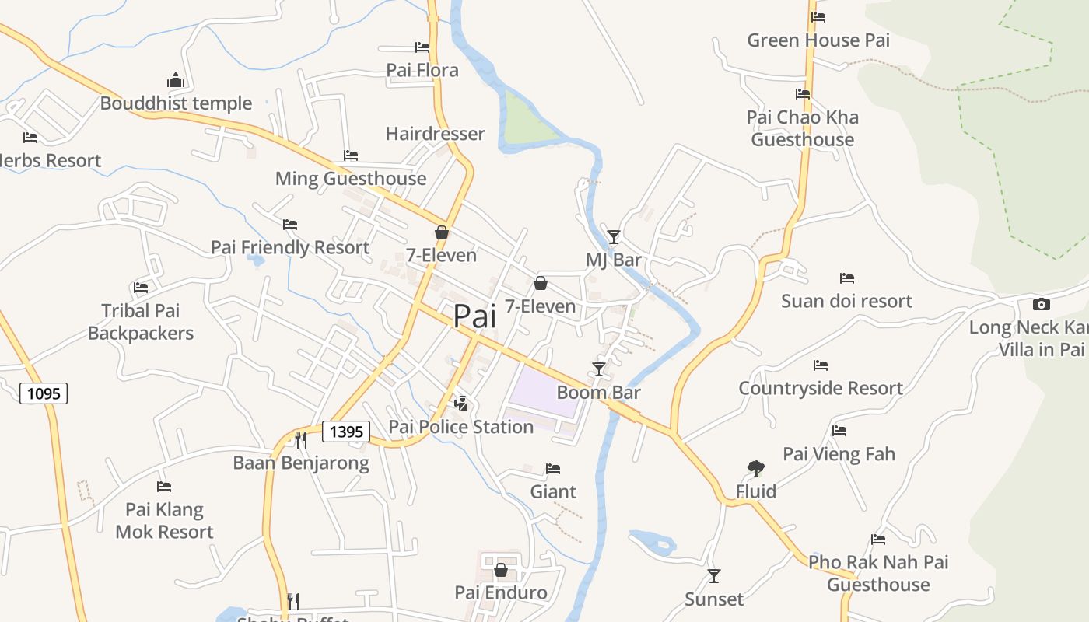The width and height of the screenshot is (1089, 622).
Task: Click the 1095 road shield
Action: (x=44, y=393)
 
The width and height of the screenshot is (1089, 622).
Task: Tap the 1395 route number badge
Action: (x=345, y=432)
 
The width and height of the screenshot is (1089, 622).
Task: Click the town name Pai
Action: (x=474, y=316)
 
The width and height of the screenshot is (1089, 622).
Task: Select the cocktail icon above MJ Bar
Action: (x=614, y=236)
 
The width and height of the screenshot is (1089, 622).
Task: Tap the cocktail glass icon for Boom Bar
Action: (x=598, y=369)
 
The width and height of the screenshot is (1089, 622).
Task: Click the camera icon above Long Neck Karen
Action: (x=1041, y=304)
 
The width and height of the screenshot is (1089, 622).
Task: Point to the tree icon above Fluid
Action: (x=755, y=468)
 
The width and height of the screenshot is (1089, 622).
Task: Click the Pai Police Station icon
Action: (x=461, y=403)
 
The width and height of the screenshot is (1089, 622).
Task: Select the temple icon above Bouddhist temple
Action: (x=176, y=80)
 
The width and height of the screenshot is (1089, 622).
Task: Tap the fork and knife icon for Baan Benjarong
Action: (x=300, y=440)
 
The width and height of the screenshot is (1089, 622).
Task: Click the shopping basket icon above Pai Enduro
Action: (x=500, y=570)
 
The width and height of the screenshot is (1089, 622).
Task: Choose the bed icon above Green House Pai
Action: (x=818, y=17)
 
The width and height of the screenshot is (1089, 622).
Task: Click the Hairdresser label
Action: (x=435, y=134)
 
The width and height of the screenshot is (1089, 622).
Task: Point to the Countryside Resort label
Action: (x=821, y=388)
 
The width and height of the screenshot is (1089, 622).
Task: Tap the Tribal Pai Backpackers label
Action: (x=141, y=322)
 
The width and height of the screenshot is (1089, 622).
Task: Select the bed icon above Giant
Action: (x=553, y=469)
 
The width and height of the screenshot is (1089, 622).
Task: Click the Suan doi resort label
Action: (x=846, y=301)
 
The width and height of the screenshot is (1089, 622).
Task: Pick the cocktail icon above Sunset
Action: (x=713, y=576)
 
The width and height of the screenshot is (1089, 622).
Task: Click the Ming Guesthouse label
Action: (x=351, y=179)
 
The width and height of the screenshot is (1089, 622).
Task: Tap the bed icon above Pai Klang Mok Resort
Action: (x=163, y=487)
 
